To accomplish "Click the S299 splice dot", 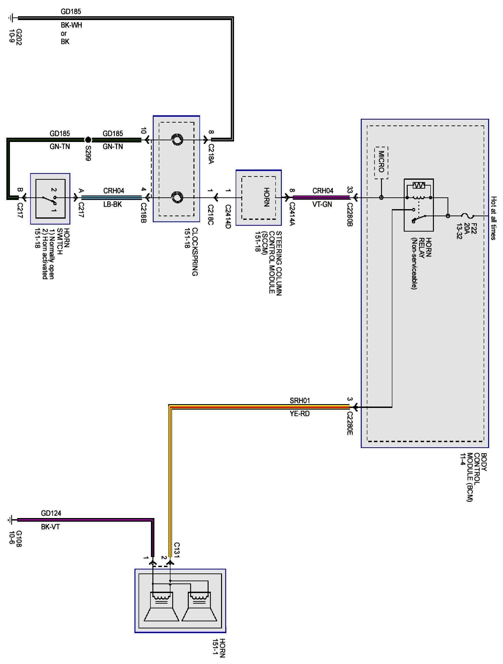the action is coord(88,140).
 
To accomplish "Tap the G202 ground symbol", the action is coord(11,18).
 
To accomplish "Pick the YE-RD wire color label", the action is coord(300,413).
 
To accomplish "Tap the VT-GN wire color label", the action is coord(322,204).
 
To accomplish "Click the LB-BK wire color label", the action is coord(113,204).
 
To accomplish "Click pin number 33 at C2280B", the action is coord(350,190).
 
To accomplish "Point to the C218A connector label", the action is coord(211,154).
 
